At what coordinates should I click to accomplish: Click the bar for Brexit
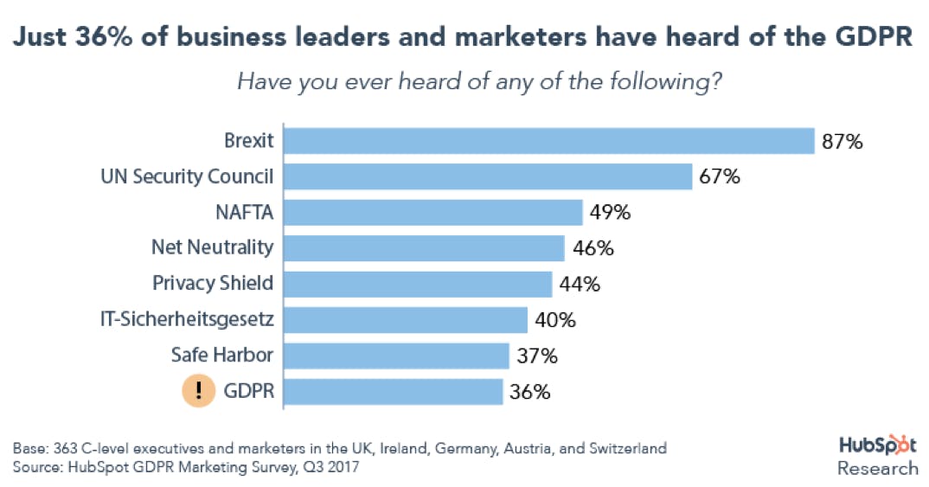(549, 141)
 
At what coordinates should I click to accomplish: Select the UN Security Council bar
(488, 176)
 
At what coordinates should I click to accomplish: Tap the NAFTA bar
(433, 213)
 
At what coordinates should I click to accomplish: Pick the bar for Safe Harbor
(396, 356)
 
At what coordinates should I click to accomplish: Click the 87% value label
(843, 142)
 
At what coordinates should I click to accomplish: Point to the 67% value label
(720, 177)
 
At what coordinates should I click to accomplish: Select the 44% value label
(580, 284)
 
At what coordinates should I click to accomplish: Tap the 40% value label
(555, 320)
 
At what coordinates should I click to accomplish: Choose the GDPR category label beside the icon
(248, 391)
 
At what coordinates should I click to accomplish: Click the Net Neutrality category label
(212, 247)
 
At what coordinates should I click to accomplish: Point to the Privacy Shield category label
(213, 283)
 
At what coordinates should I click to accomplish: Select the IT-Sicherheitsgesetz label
(187, 319)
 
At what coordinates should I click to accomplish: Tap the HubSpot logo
(878, 445)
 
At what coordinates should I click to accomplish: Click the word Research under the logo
(878, 468)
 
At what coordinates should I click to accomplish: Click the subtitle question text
(480, 84)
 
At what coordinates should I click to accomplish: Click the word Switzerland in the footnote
(627, 450)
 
